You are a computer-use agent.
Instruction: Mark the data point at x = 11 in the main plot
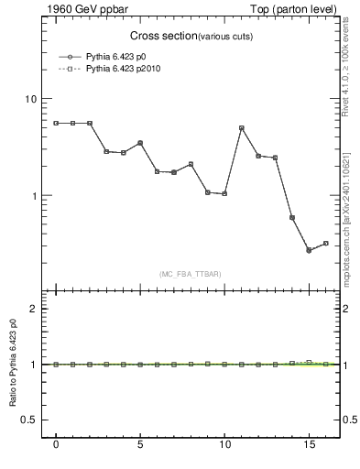click(241, 128)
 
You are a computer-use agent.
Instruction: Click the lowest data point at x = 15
click(309, 250)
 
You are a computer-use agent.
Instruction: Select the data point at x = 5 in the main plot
click(140, 143)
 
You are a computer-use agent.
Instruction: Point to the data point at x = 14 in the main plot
click(292, 218)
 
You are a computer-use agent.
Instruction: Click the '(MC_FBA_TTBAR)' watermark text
click(190, 274)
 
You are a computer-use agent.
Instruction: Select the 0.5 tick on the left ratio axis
click(28, 420)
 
